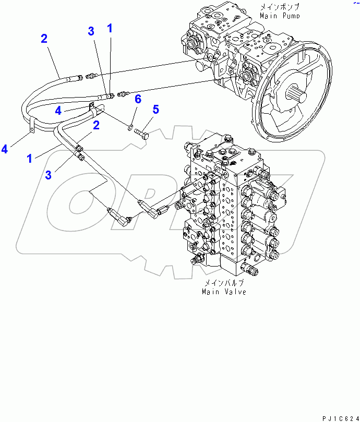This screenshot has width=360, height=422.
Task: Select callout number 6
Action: tap(138, 99)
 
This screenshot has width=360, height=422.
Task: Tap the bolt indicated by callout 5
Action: tap(142, 135)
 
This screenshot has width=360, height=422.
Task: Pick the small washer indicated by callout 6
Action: tap(130, 127)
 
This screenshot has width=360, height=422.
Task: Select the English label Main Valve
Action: tap(224, 292)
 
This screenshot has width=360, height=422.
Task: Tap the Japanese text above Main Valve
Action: tap(224, 283)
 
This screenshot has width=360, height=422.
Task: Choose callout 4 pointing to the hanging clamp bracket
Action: tap(5, 149)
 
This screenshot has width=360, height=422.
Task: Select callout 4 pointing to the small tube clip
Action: tap(58, 110)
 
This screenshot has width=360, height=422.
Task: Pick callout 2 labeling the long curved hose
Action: tap(44, 38)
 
